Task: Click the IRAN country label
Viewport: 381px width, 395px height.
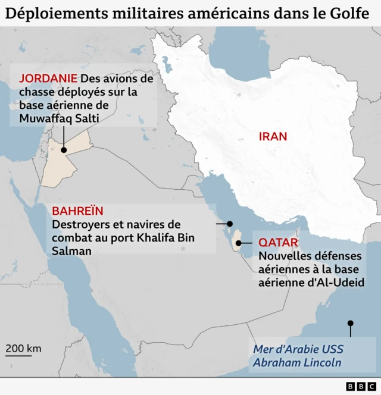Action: (x=273, y=136)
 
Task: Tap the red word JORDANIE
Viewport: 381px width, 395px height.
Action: (x=48, y=79)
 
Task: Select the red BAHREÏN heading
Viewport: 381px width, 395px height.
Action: (x=77, y=211)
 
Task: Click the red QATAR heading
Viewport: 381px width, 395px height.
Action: (x=278, y=243)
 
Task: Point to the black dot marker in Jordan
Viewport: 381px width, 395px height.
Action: (x=63, y=151)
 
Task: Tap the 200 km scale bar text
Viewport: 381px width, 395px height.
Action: (x=24, y=348)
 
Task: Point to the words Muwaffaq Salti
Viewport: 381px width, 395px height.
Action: (x=58, y=118)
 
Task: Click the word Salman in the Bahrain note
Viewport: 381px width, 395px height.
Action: (x=71, y=251)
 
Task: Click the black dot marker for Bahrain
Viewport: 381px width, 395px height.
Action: (x=230, y=224)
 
